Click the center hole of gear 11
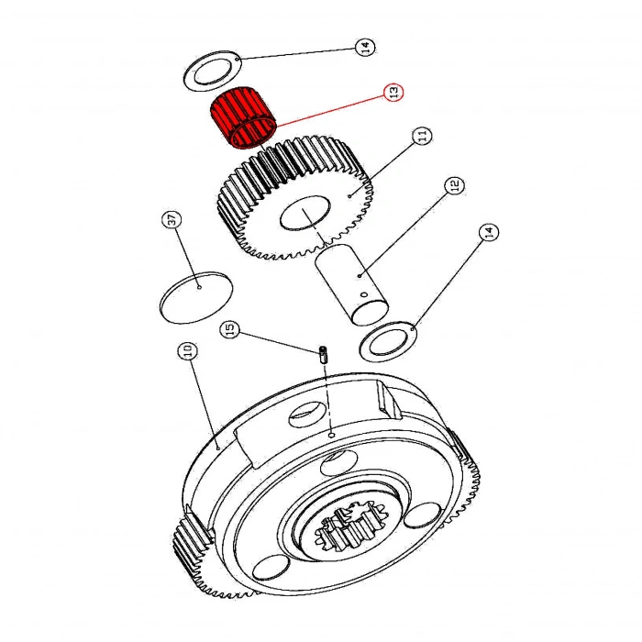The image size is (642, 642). (x=303, y=216)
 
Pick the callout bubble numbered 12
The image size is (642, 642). (x=452, y=187)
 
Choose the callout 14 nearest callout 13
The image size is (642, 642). (x=366, y=48)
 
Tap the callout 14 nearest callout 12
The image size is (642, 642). (x=490, y=233)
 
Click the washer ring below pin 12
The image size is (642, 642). (x=391, y=342)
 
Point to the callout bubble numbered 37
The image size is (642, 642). (x=172, y=221)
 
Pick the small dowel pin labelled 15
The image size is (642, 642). (x=324, y=354)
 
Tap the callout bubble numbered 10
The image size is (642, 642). (x=186, y=351)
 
